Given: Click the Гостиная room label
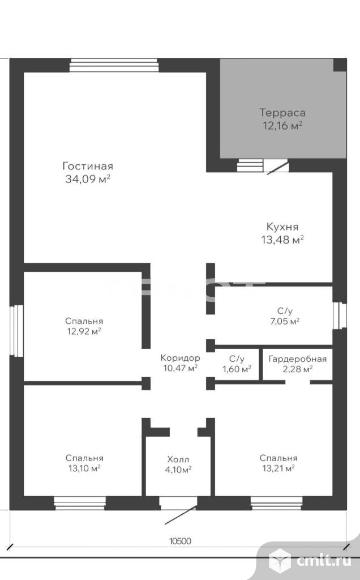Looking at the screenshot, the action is [88, 166].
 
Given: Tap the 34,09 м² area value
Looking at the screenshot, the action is [88, 179].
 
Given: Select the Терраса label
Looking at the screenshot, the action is [282, 112].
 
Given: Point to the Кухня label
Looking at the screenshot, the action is [282, 226].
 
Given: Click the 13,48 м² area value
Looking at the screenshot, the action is [283, 240].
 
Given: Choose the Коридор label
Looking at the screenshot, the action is [180, 358].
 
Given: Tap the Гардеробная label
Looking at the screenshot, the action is [297, 359].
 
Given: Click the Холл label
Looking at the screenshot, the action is [178, 459].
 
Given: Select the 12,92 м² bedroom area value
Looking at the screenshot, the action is [84, 331].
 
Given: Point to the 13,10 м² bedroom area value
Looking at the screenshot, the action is [84, 468].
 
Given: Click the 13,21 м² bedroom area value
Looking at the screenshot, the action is [278, 468].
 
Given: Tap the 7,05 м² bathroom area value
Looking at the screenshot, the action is [285, 321].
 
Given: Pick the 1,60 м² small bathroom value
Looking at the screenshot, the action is [237, 369].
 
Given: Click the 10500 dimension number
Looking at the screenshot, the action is [181, 541].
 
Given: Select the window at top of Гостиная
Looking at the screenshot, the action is [114, 65].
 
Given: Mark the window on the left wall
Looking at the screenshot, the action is [17, 331].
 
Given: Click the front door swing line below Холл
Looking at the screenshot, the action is [181, 515].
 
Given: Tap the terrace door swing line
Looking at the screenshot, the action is [277, 167].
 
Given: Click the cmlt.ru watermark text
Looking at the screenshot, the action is [324, 561].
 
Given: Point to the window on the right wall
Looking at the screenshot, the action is [340, 316].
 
